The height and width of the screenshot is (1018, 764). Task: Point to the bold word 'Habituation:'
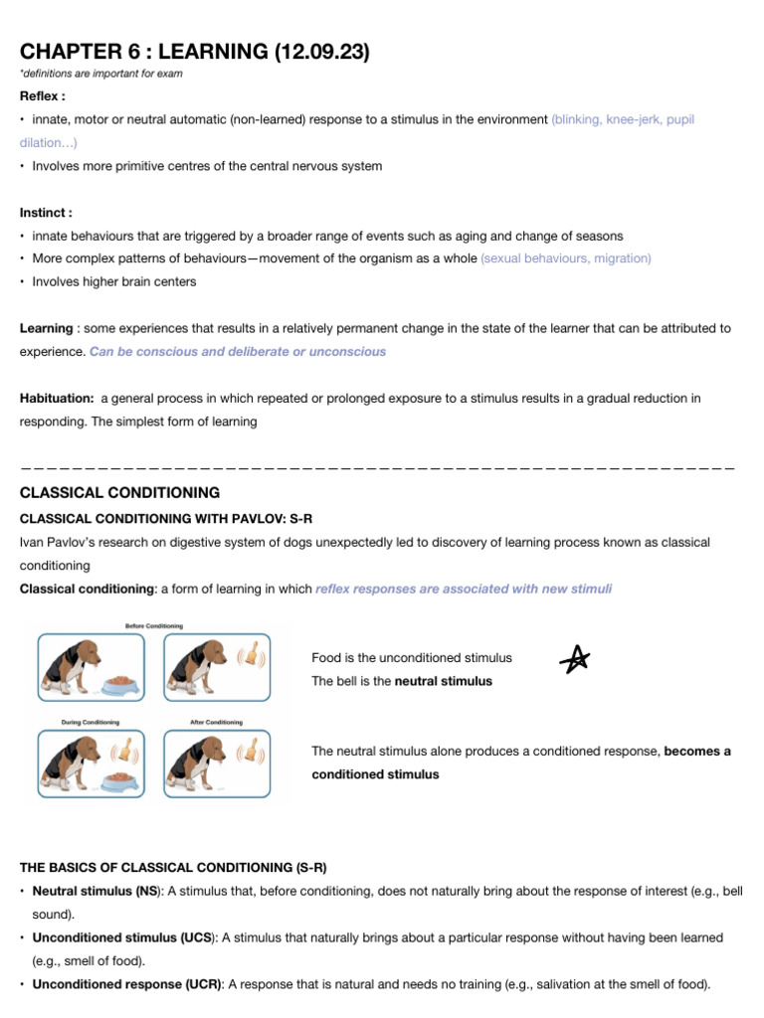tap(57, 399)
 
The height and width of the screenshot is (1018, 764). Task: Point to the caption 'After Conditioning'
tap(216, 722)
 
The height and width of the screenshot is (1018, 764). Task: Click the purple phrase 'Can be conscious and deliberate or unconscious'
tap(238, 352)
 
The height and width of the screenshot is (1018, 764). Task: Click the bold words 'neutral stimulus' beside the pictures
tap(444, 681)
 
